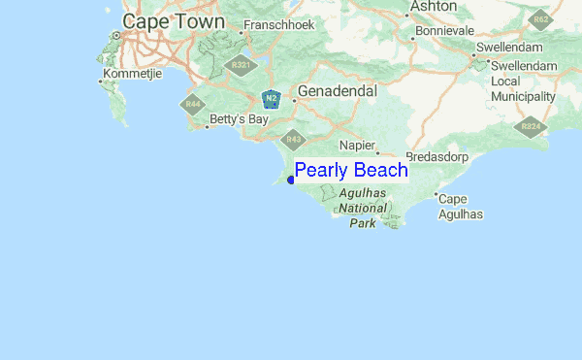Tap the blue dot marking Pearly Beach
tap(291, 180)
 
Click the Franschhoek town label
tap(279, 24)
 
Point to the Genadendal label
tap(338, 90)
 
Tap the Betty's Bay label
tap(237, 121)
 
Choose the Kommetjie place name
tap(136, 74)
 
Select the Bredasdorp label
tap(437, 156)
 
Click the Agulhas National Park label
tap(362, 208)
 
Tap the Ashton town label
tap(433, 6)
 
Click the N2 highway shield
tap(272, 98)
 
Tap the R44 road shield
tap(193, 103)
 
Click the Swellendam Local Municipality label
tap(523, 82)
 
